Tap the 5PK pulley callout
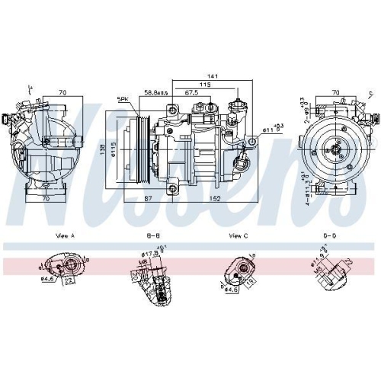pos(122,100)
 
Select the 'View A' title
pos(65,236)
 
